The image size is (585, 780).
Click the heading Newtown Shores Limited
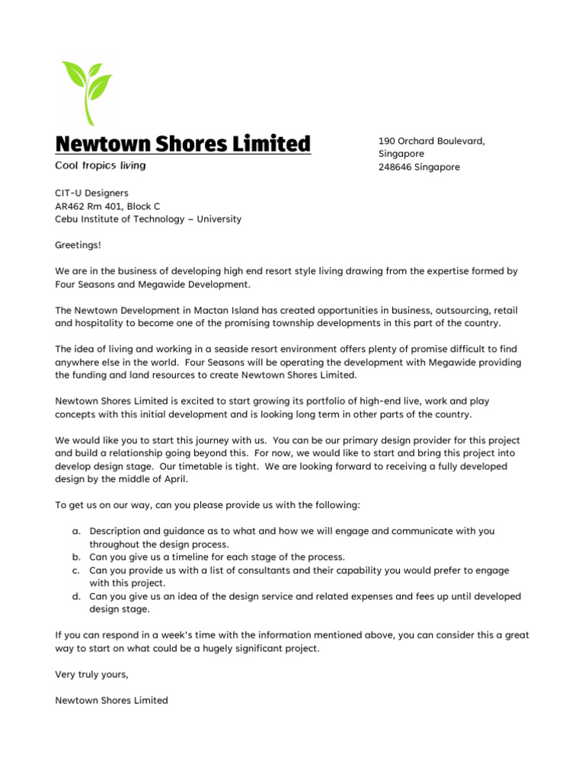(183, 143)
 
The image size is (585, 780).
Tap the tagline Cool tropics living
(100, 165)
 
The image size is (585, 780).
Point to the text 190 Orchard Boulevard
(432, 141)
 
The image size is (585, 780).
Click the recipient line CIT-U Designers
(91, 193)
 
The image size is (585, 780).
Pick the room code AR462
(71, 206)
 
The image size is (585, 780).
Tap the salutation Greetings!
(78, 245)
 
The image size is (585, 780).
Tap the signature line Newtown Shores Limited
(111, 700)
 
